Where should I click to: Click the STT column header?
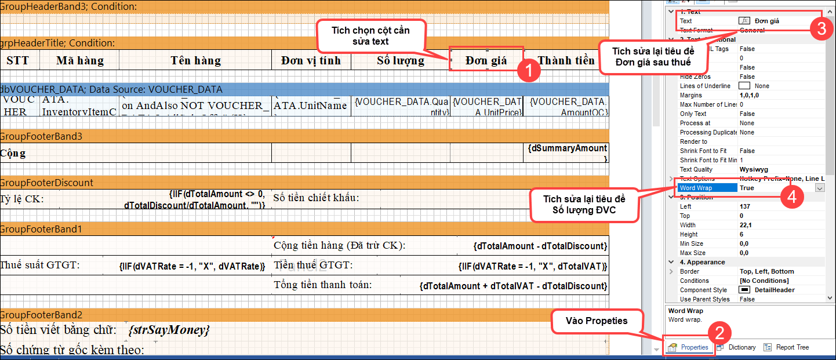click(x=17, y=60)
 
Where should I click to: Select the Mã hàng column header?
click(x=80, y=60)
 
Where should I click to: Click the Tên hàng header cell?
click(x=195, y=60)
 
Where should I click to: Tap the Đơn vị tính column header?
click(x=311, y=60)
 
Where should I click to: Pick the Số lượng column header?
click(x=400, y=60)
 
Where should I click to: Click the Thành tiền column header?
click(x=566, y=60)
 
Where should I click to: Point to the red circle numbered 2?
click(x=719, y=334)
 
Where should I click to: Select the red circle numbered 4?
click(x=792, y=197)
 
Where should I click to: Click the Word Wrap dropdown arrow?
click(x=820, y=188)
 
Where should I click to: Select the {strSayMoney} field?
click(x=169, y=330)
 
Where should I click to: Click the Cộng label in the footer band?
click(x=13, y=154)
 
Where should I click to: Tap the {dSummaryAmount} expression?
click(x=567, y=152)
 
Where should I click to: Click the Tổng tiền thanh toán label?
click(x=323, y=285)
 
